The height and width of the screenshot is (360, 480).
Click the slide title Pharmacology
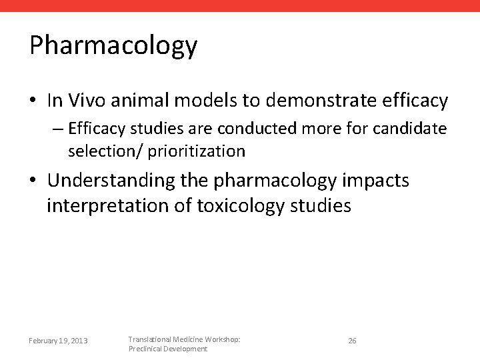113,46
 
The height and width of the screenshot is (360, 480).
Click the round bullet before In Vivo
33,101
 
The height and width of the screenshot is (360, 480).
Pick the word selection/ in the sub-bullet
105,151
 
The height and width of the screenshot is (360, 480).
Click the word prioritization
197,151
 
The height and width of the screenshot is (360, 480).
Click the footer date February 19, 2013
59,341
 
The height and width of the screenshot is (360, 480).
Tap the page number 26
352,341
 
